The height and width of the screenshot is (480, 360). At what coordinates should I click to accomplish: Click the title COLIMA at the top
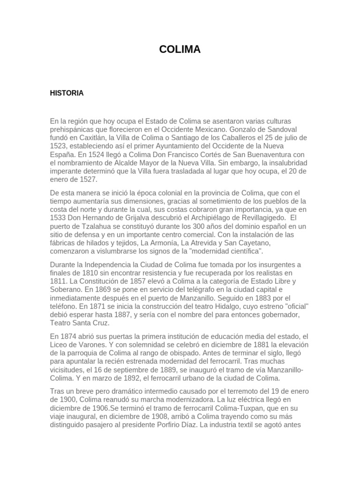coord(180,49)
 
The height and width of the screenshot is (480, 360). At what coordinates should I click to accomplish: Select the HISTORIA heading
coord(67,93)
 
